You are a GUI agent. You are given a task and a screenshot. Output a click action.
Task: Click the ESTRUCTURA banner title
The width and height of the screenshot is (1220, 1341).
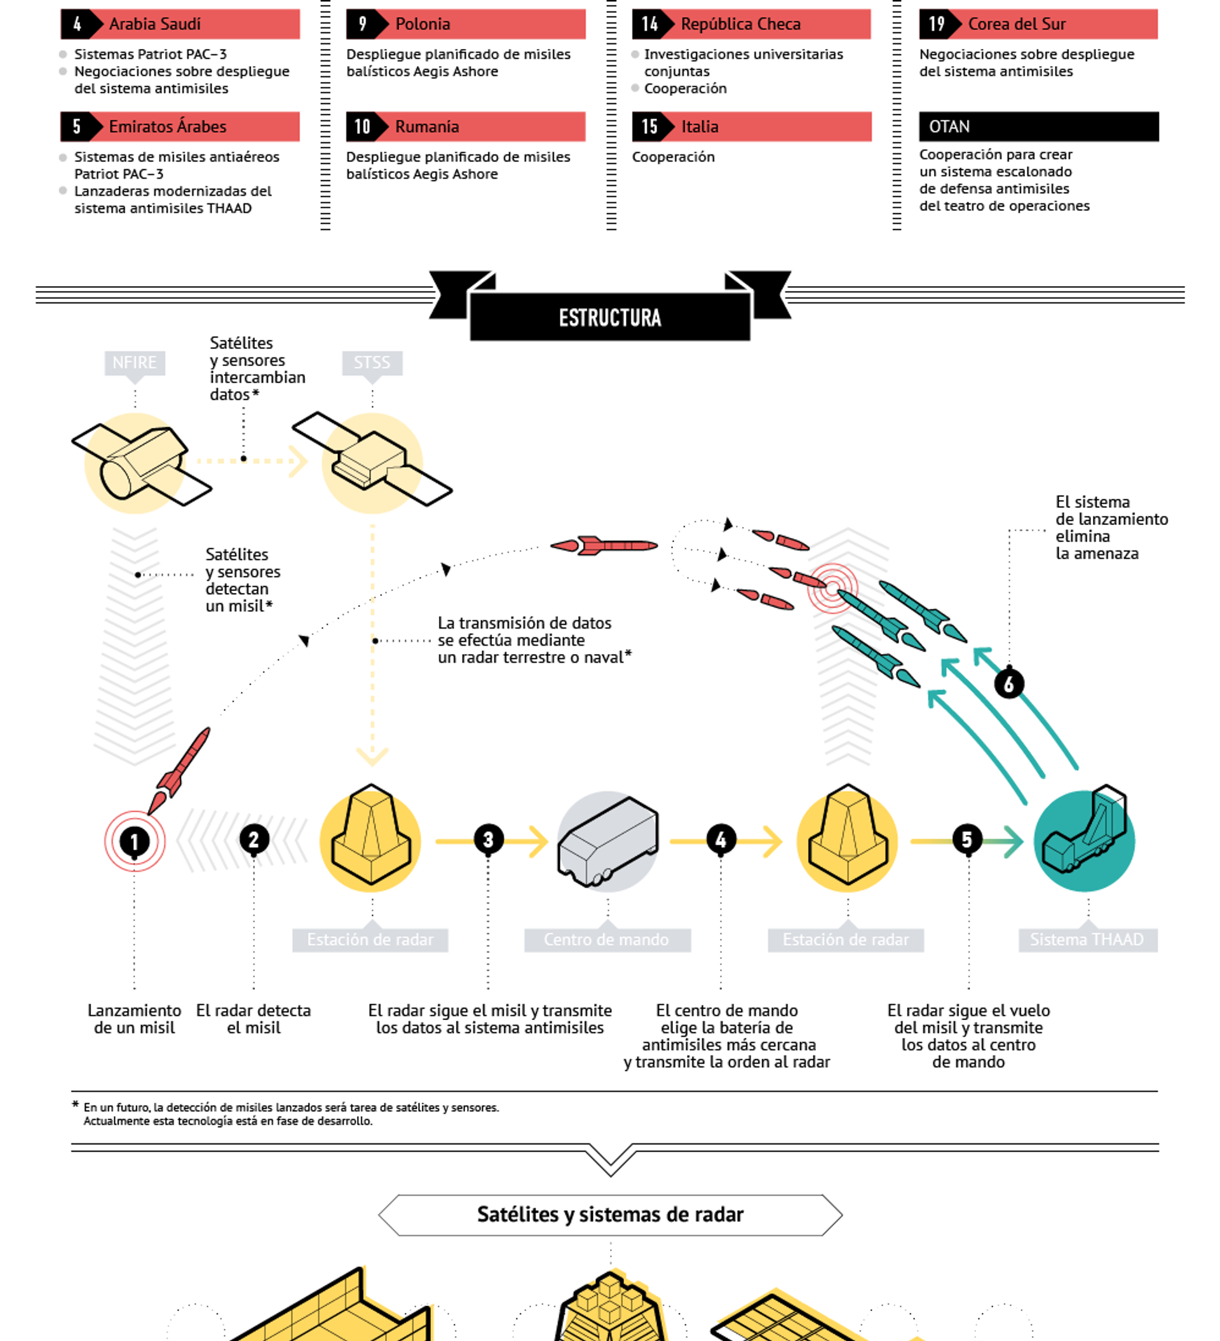(x=610, y=317)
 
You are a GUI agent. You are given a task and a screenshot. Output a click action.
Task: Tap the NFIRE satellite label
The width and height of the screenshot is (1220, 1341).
(x=134, y=362)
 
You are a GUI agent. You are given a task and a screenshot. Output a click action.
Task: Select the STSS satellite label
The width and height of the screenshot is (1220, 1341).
(x=372, y=362)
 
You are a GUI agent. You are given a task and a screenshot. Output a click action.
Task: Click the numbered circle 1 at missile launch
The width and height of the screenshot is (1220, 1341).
(x=134, y=841)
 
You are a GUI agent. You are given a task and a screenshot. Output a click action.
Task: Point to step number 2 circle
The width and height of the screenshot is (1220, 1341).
(x=254, y=840)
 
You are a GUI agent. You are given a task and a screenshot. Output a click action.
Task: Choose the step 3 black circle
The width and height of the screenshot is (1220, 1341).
(x=488, y=840)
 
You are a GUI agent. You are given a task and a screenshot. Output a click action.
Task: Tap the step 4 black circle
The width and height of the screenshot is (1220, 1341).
(x=721, y=840)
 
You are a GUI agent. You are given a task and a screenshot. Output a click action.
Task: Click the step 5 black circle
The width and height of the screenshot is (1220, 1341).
(x=967, y=840)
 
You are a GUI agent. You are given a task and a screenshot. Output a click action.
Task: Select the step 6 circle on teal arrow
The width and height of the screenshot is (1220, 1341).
(x=1009, y=683)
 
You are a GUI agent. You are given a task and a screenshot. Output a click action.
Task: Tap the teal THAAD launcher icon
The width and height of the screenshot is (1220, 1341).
(x=1084, y=839)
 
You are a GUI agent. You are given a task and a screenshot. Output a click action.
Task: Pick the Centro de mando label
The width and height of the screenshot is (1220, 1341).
(x=607, y=939)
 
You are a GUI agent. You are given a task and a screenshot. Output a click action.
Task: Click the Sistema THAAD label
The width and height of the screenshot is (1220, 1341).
(x=1088, y=939)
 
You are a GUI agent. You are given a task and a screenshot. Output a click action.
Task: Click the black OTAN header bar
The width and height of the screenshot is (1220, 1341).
(x=1038, y=126)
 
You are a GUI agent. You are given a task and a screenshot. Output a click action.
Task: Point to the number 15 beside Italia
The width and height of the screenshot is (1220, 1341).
(x=649, y=126)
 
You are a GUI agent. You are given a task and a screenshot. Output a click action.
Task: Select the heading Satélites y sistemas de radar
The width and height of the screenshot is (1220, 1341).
(x=610, y=1215)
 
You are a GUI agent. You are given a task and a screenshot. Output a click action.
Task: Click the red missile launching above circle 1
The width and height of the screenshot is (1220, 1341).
(x=179, y=770)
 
